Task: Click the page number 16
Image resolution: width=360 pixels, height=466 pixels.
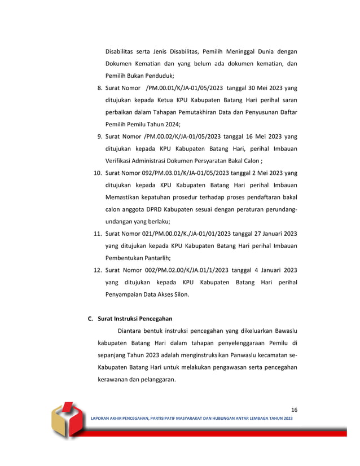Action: [x=293, y=410]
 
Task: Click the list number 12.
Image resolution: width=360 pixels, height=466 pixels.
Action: [x=97, y=270]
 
